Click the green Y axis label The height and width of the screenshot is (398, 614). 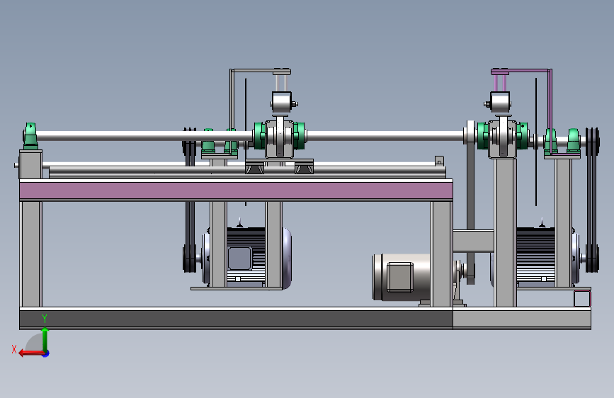point(45,319)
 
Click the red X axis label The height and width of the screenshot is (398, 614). point(14,349)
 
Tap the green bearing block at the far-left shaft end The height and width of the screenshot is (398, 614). point(30,135)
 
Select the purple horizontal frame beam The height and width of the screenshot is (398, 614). point(236,191)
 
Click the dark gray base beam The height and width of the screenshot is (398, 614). point(236,319)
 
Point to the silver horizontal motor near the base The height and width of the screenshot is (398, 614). point(402,277)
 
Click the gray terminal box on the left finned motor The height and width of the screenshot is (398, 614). point(239,258)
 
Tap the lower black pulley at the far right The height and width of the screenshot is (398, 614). point(592,258)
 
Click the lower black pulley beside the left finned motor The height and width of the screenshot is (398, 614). point(190,258)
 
